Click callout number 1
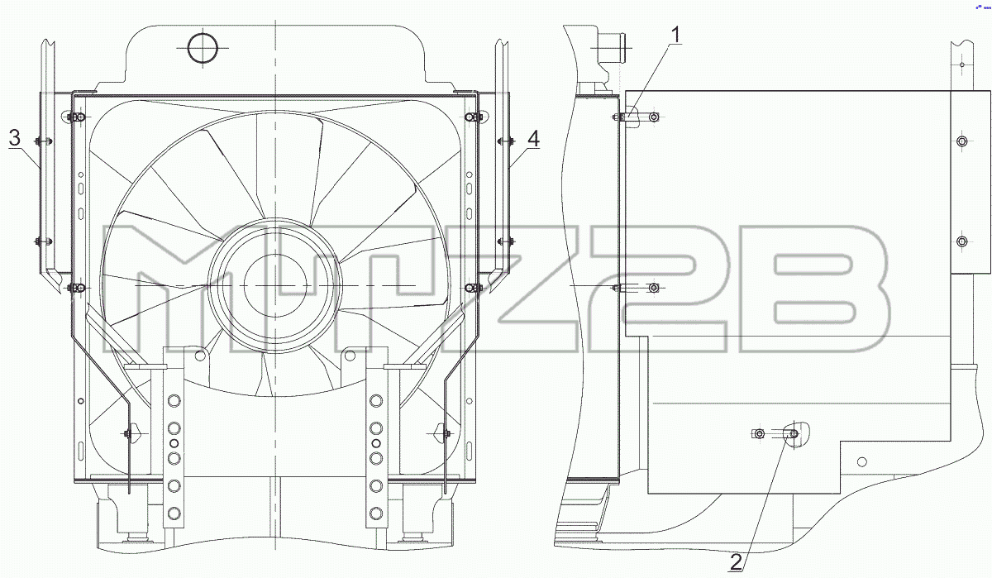675,35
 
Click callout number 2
736,562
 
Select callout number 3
15,138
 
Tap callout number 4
534,139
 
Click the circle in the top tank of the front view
203,48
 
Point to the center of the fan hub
275,285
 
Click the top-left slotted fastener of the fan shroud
77,117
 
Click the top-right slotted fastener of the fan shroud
474,117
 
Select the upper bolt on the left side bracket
43,141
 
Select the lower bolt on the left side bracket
43,241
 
